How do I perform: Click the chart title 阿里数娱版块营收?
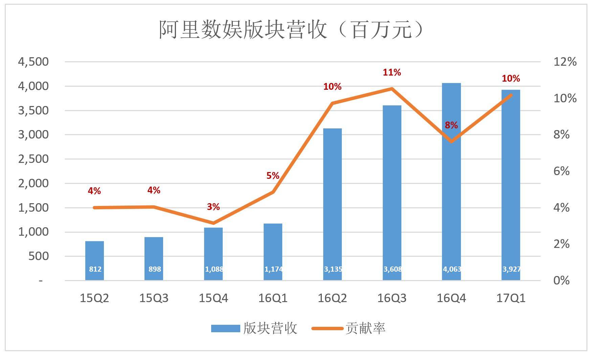[x=291, y=30]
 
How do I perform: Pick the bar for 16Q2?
[x=332, y=203]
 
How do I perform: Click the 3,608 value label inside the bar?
[x=393, y=269]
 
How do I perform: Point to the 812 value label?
[x=95, y=269]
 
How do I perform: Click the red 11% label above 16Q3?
[x=392, y=72]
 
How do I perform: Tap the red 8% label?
[x=451, y=125]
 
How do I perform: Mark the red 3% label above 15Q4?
[x=213, y=207]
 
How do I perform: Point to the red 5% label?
[x=273, y=176]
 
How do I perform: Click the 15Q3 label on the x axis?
[x=154, y=298]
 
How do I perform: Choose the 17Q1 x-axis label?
[x=511, y=298]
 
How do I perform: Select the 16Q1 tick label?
[x=273, y=298]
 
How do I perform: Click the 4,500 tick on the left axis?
[x=33, y=62]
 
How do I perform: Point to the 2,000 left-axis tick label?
[x=33, y=183]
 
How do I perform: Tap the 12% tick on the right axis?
[x=565, y=62]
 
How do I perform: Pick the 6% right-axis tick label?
[x=561, y=171]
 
